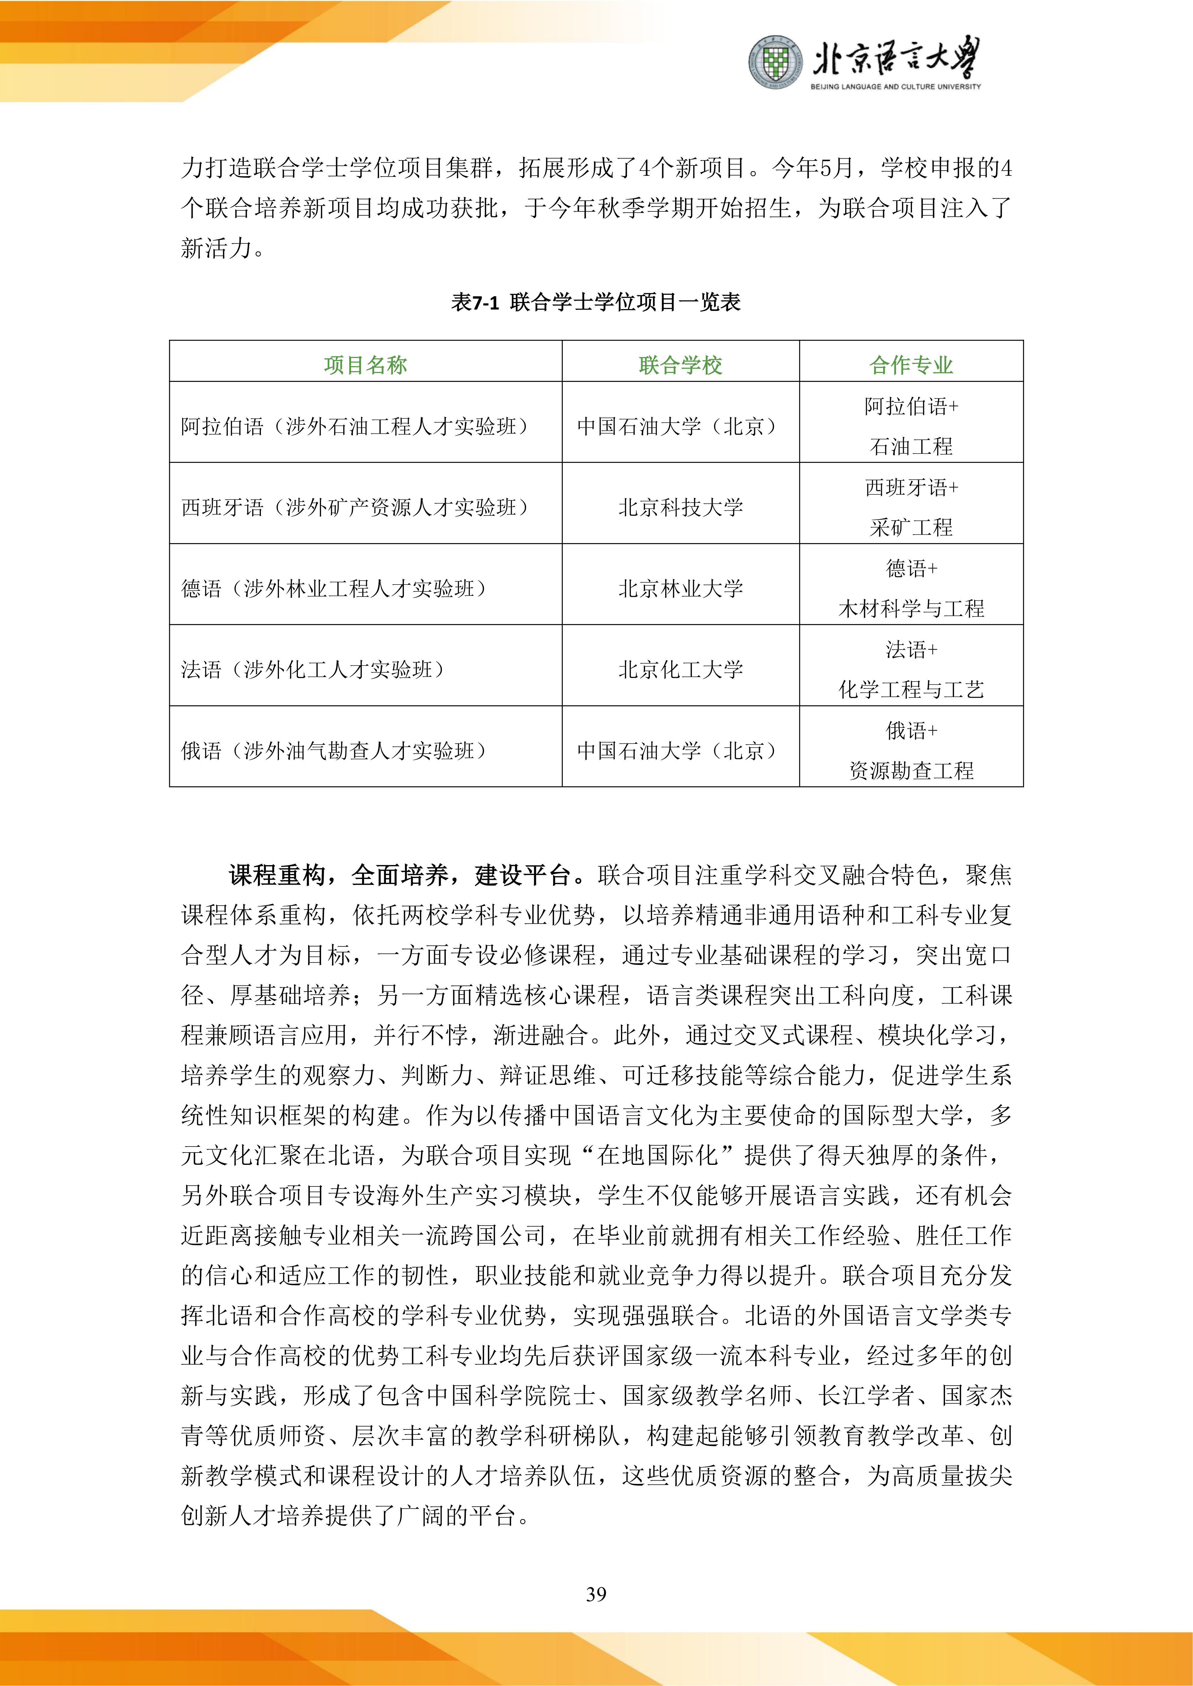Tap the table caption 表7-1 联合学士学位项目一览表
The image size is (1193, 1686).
click(x=596, y=302)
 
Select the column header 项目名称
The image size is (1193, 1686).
click(x=365, y=365)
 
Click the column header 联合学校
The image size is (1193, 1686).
click(x=680, y=365)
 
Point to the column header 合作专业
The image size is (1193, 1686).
click(x=911, y=365)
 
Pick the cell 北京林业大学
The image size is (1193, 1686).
click(x=680, y=588)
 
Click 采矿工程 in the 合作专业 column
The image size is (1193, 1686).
click(x=911, y=527)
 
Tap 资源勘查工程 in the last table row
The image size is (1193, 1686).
click(x=911, y=770)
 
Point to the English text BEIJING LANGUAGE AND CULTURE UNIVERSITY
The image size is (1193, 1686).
click(x=895, y=87)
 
